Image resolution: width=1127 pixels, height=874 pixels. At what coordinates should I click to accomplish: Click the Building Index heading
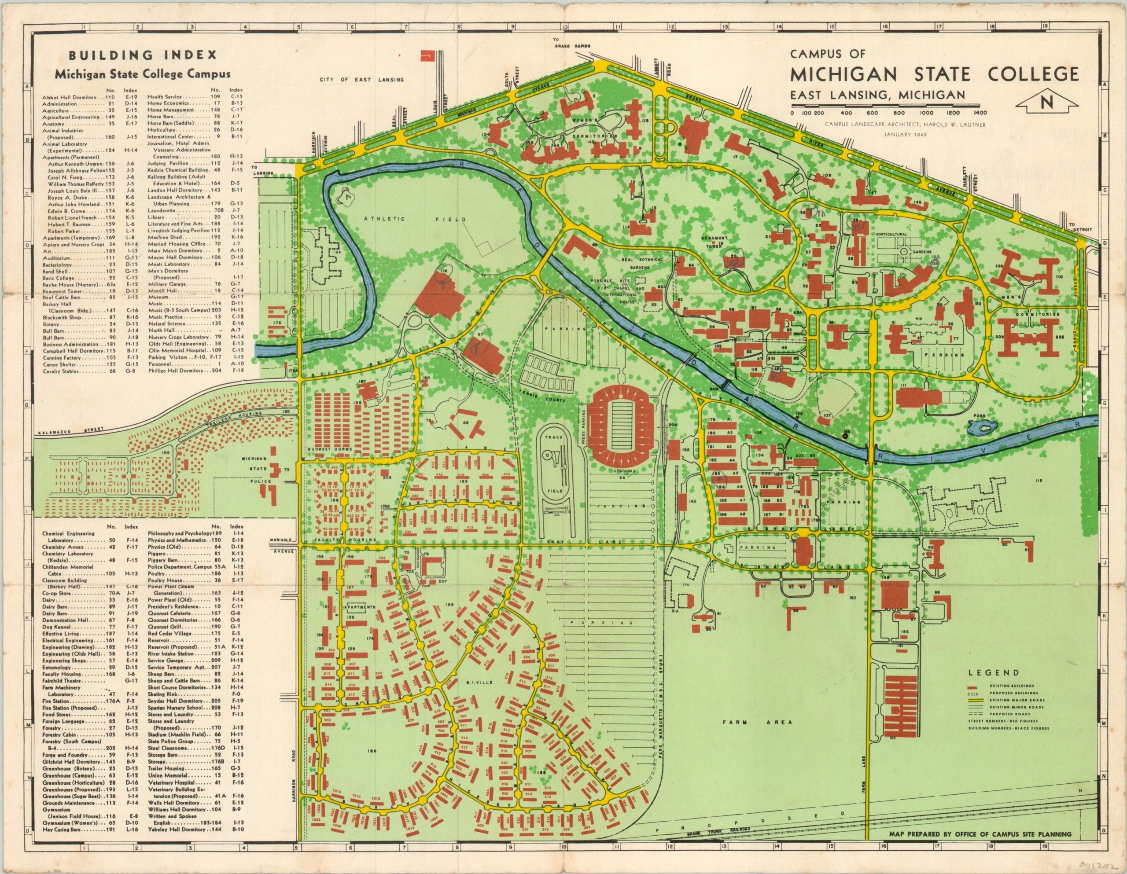click(x=143, y=55)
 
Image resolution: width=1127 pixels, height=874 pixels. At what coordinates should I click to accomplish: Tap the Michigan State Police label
click(x=254, y=469)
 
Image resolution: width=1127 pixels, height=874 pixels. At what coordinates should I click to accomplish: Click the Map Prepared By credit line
click(x=980, y=848)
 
